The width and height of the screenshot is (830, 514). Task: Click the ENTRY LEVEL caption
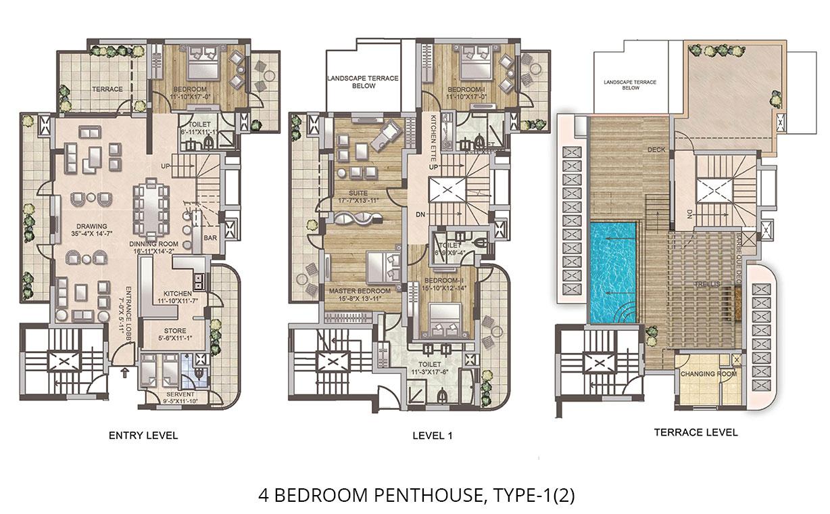(x=143, y=436)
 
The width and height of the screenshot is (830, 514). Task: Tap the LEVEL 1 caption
(x=433, y=436)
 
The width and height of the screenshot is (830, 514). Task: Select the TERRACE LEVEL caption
(x=695, y=432)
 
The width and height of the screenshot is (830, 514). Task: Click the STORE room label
(x=174, y=334)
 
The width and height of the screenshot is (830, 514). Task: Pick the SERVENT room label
(x=179, y=398)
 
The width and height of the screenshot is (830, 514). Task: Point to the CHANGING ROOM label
(x=704, y=373)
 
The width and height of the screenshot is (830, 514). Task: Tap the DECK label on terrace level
(x=657, y=149)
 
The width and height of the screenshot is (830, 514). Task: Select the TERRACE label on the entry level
(x=107, y=89)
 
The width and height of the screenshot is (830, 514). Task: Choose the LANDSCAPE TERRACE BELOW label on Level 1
(x=363, y=82)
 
